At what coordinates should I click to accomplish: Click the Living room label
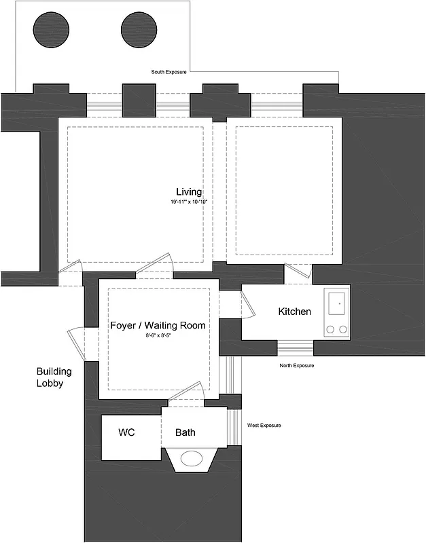189,192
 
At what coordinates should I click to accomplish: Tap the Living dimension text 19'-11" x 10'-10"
188,202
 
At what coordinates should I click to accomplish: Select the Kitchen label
295,312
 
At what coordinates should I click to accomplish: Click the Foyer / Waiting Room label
158,326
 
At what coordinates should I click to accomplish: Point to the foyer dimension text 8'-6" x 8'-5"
158,336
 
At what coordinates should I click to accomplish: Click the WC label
126,432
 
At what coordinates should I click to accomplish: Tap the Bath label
185,432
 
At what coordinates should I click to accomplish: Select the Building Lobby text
54,377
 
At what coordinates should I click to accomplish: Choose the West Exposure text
264,426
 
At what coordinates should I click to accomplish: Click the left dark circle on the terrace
52,31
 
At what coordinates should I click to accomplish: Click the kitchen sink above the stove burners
338,303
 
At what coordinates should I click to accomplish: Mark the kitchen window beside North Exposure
295,348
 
